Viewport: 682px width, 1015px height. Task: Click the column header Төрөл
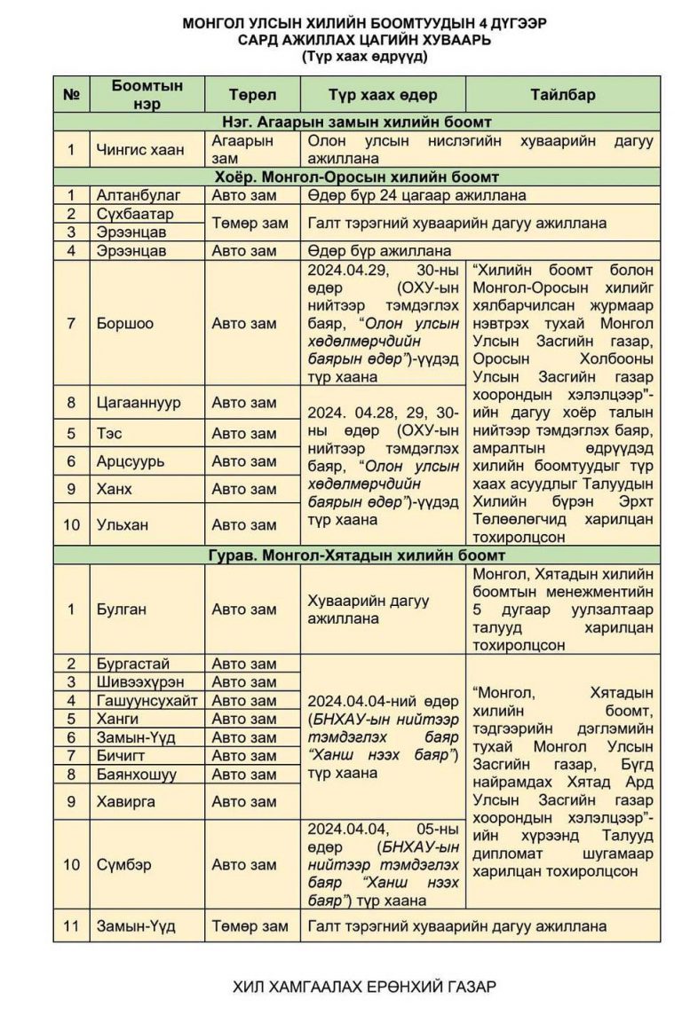coord(252,95)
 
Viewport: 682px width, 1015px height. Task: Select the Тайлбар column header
coord(562,95)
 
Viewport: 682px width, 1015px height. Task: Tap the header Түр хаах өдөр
coord(383,95)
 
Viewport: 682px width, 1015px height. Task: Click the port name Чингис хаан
coord(140,149)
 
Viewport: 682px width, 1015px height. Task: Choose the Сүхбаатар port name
coord(135,214)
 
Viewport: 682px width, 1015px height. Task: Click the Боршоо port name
coord(124,323)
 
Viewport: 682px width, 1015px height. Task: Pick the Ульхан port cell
coord(121,524)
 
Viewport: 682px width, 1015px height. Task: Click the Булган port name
coord(122,610)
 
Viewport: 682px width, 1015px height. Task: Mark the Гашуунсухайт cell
coord(147,701)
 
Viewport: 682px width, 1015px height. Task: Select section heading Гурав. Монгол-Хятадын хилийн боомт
coord(358,555)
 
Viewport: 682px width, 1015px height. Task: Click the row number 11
coord(71,926)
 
